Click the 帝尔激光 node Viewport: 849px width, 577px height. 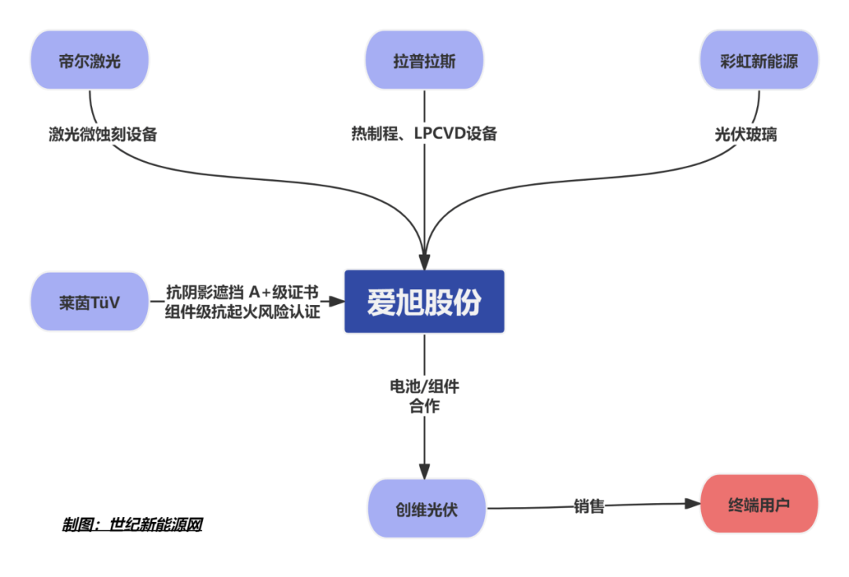pos(90,61)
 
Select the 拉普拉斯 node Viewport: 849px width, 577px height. pos(424,61)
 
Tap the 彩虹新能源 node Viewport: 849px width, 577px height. pos(759,61)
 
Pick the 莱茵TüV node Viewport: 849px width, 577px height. pos(90,302)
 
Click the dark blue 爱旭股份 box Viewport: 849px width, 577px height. pos(424,302)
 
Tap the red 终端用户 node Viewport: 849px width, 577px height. pos(759,504)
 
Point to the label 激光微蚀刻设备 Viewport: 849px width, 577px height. pos(103,134)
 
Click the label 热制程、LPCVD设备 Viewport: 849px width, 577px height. pos(424,134)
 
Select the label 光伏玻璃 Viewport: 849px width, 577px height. pos(746,134)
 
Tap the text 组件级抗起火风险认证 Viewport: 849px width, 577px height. pos(243,312)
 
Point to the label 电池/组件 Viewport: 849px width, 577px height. pos(424,387)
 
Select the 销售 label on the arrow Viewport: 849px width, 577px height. pos(589,506)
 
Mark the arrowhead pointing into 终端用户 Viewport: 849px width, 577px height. pos(693,504)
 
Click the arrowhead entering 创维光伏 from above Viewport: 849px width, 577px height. pos(424,473)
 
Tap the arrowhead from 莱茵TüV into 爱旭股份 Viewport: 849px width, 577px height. pos(338,301)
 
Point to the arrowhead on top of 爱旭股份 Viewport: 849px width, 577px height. pos(424,263)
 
